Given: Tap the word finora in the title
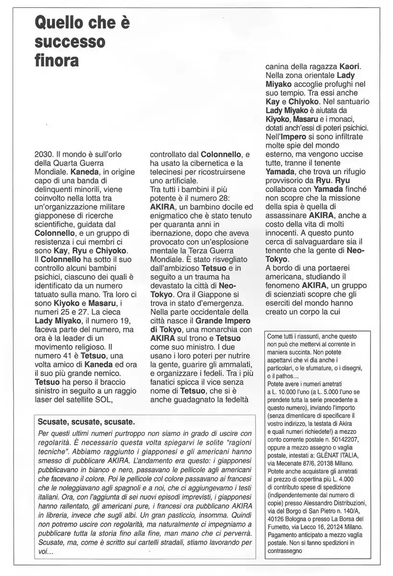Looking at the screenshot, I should click(x=56, y=61).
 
